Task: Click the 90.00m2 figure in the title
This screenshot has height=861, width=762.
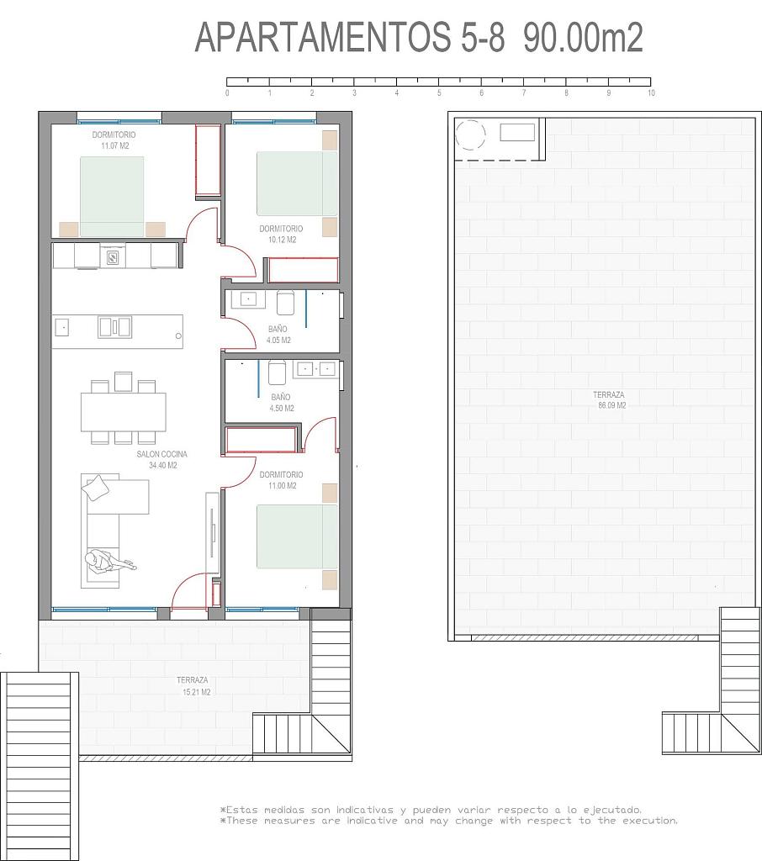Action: (583, 37)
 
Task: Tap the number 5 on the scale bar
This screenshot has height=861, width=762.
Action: (439, 93)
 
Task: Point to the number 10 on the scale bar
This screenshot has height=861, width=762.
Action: (651, 93)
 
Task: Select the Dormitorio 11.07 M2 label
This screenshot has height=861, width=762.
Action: (114, 140)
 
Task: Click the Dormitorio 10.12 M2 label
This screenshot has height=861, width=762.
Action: (281, 234)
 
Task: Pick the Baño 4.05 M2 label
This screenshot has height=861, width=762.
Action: (278, 335)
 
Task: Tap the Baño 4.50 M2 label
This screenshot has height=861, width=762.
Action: (281, 403)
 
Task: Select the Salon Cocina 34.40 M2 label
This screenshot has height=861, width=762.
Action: (162, 460)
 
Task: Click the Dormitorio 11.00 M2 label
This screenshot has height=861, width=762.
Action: (281, 480)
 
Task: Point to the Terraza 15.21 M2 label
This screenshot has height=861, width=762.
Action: (193, 686)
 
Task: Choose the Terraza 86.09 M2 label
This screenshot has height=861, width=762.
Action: (610, 399)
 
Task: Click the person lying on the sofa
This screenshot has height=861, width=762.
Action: (109, 563)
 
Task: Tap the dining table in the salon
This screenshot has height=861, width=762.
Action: (123, 411)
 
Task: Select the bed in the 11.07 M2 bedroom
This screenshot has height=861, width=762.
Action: (112, 197)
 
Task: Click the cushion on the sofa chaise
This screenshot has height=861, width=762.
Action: (96, 488)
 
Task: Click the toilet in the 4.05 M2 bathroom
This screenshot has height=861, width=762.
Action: (285, 302)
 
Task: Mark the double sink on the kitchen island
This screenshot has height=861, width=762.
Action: (115, 327)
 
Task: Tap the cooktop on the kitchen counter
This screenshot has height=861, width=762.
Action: (112, 257)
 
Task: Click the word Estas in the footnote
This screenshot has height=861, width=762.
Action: (241, 810)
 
